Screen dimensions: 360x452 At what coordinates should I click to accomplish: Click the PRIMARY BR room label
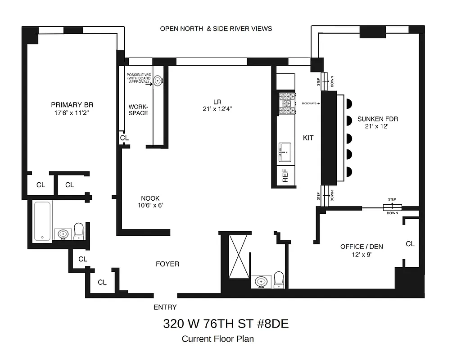pos(72,105)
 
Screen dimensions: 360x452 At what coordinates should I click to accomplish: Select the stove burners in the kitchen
pos(286,103)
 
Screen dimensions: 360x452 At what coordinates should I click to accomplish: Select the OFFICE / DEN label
pos(358,247)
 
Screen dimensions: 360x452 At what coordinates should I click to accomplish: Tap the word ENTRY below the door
pos(165,307)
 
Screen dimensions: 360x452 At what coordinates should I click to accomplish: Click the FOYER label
pos(167,264)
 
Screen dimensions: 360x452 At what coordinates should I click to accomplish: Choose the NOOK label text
pos(150,198)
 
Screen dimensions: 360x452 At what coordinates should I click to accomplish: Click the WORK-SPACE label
pos(138,110)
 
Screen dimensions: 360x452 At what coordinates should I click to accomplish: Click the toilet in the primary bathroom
pos(79,231)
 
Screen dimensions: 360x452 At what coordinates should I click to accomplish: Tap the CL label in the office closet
pos(410,244)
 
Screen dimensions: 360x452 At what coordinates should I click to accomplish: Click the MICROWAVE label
pos(310,103)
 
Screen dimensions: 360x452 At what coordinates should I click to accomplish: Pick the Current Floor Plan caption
pos(221,339)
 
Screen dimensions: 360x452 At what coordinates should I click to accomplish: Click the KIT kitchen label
pos(308,138)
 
